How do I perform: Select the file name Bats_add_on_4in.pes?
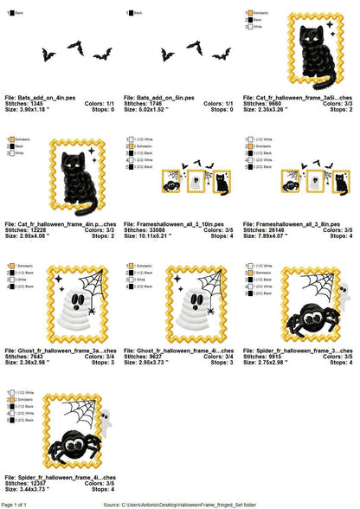pyautogui.click(x=44, y=97)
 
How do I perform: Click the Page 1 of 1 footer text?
pyautogui.click(x=18, y=503)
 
